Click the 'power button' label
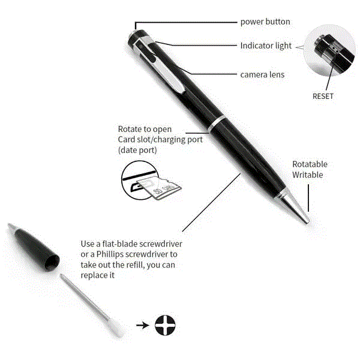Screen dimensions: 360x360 tap(265, 22)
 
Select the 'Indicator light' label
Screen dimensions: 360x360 tap(266, 46)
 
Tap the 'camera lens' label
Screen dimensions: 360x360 tap(262, 74)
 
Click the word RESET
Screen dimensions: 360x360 tap(323, 96)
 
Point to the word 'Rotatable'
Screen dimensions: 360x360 tap(310, 164)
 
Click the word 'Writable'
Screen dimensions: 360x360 tap(307, 175)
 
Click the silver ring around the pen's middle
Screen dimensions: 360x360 tap(218, 124)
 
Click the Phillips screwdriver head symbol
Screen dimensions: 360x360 tap(165, 325)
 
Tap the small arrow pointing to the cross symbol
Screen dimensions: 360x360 tap(143, 325)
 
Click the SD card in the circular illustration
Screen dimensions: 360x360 tap(158, 188)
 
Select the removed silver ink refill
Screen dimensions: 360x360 tap(91, 305)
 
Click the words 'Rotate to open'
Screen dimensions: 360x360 tap(145, 129)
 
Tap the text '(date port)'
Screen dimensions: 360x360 tap(137, 151)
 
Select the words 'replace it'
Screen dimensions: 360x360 tap(98, 275)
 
